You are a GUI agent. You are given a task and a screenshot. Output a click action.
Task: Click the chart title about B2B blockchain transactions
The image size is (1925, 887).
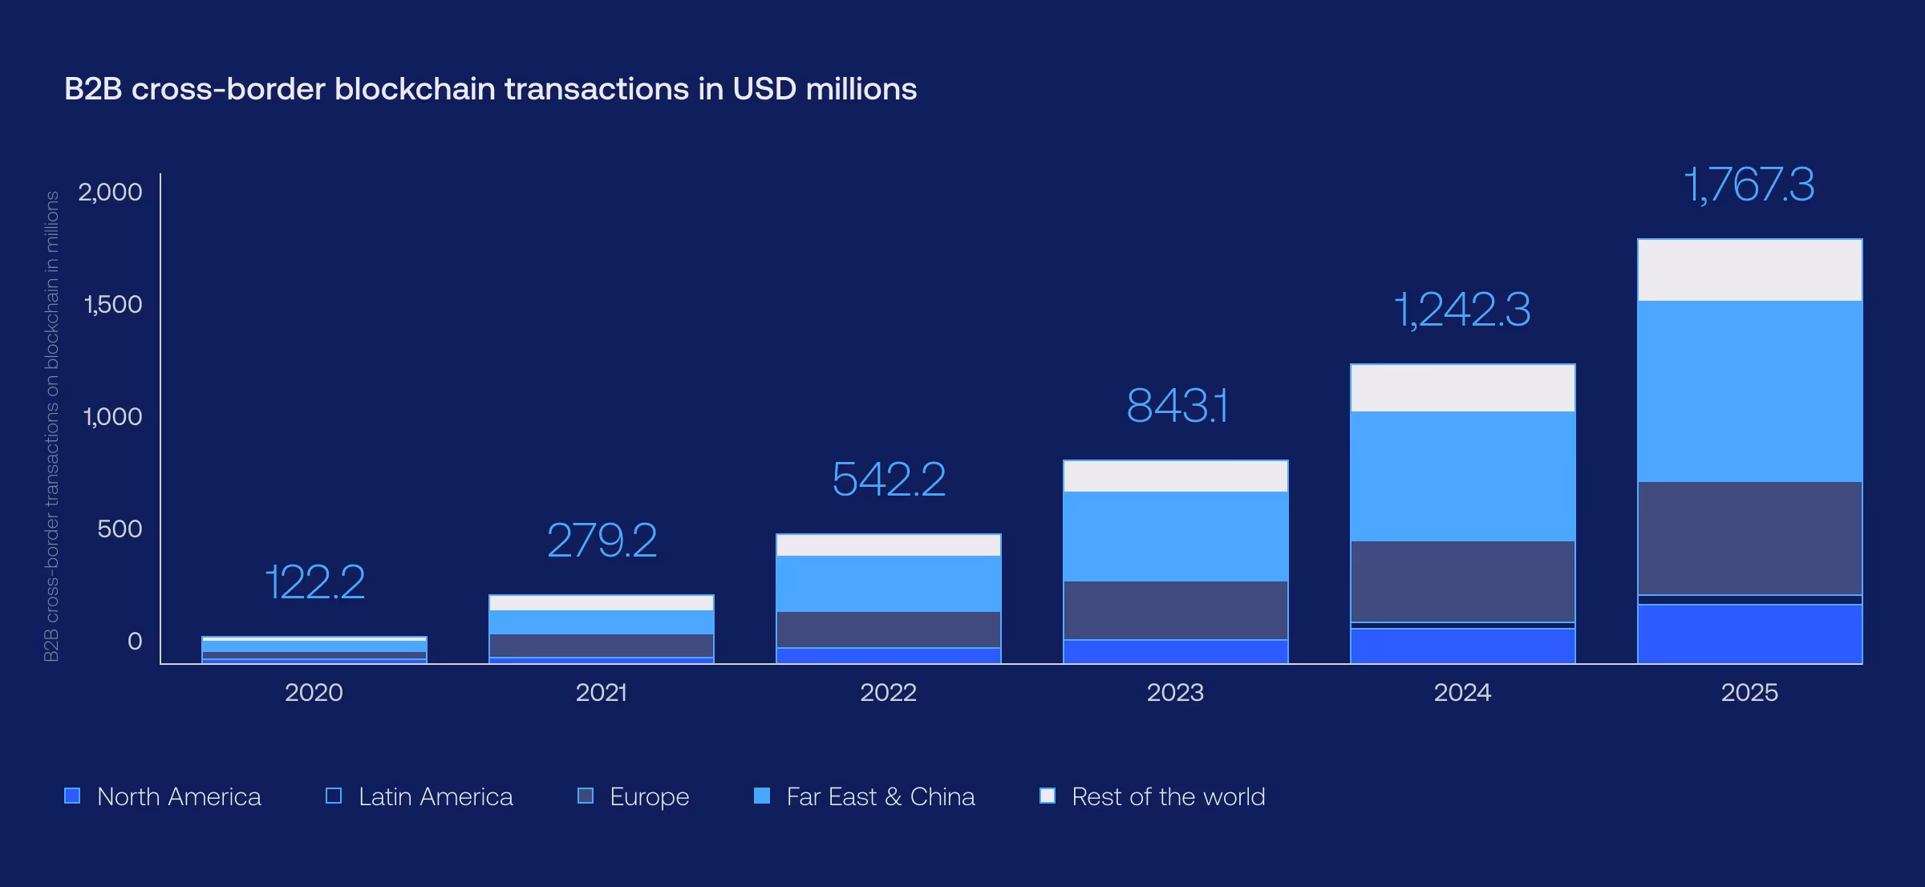pyautogui.click(x=490, y=89)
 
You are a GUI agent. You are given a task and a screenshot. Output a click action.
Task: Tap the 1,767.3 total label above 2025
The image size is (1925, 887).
pyautogui.click(x=1749, y=185)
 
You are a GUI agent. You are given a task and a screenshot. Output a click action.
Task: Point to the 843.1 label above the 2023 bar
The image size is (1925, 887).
pyautogui.click(x=1176, y=406)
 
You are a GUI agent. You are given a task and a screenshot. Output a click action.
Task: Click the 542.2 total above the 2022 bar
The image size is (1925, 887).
pyautogui.click(x=888, y=480)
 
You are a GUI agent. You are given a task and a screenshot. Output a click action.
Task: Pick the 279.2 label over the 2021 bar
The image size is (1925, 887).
pyautogui.click(x=602, y=541)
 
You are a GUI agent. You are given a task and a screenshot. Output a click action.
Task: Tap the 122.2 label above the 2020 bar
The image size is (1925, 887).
pyautogui.click(x=314, y=582)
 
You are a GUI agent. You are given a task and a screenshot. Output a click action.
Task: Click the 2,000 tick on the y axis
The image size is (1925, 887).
pyautogui.click(x=110, y=192)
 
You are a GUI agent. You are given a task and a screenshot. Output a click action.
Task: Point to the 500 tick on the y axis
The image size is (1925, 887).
pyautogui.click(x=120, y=529)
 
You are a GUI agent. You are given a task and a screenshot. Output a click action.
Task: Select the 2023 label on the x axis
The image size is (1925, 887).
pyautogui.click(x=1175, y=692)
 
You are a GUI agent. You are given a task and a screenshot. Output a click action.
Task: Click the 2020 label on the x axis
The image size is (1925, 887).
pyautogui.click(x=314, y=692)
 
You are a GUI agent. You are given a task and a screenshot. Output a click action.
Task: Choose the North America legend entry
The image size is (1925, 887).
pyautogui.click(x=163, y=796)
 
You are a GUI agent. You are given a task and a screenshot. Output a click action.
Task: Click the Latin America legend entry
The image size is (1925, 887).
pyautogui.click(x=419, y=796)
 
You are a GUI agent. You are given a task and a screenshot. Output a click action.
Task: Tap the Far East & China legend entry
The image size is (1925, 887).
pyautogui.click(x=865, y=796)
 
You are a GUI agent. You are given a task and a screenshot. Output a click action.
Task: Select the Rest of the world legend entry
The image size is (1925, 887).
pyautogui.click(x=1153, y=796)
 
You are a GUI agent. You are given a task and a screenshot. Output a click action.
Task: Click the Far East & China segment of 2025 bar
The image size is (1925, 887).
pyautogui.click(x=1749, y=391)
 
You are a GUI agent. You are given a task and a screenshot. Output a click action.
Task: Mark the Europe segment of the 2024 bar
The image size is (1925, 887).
pyautogui.click(x=1462, y=581)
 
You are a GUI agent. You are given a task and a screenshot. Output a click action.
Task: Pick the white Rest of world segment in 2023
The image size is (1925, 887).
pyautogui.click(x=1175, y=476)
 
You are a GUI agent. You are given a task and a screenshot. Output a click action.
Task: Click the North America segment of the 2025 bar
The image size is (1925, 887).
pyautogui.click(x=1749, y=634)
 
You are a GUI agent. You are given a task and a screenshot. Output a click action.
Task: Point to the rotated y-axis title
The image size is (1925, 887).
pyautogui.click(x=51, y=426)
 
